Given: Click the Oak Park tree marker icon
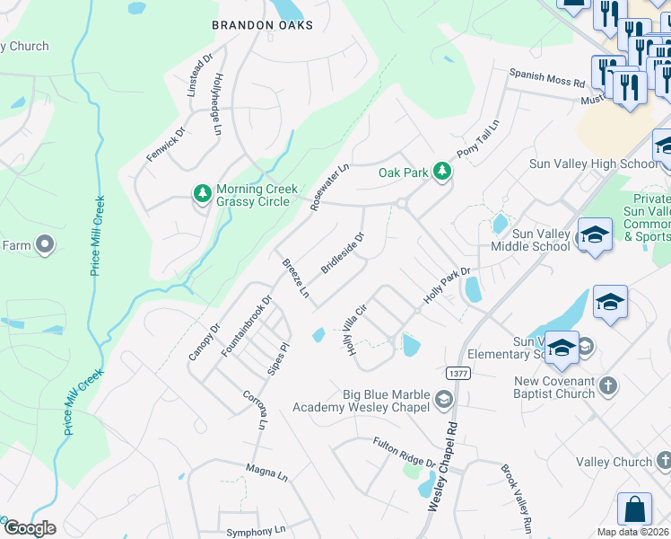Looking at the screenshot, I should coord(441,171).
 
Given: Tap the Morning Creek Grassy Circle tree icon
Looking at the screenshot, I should coord(204,192).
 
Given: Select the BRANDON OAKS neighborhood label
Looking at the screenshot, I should coord(262,25).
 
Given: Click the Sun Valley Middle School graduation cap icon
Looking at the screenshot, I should coord(594,235).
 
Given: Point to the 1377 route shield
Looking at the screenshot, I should coord(458,372).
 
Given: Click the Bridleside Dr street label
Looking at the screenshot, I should coord(343,255).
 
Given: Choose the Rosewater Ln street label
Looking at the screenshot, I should coord(329,187).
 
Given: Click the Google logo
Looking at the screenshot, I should coord(30,528).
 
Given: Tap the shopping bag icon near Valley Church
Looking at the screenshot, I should coord(634,508).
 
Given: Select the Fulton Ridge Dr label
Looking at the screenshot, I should coord(405,451).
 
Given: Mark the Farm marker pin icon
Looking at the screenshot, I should coord(42,244).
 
